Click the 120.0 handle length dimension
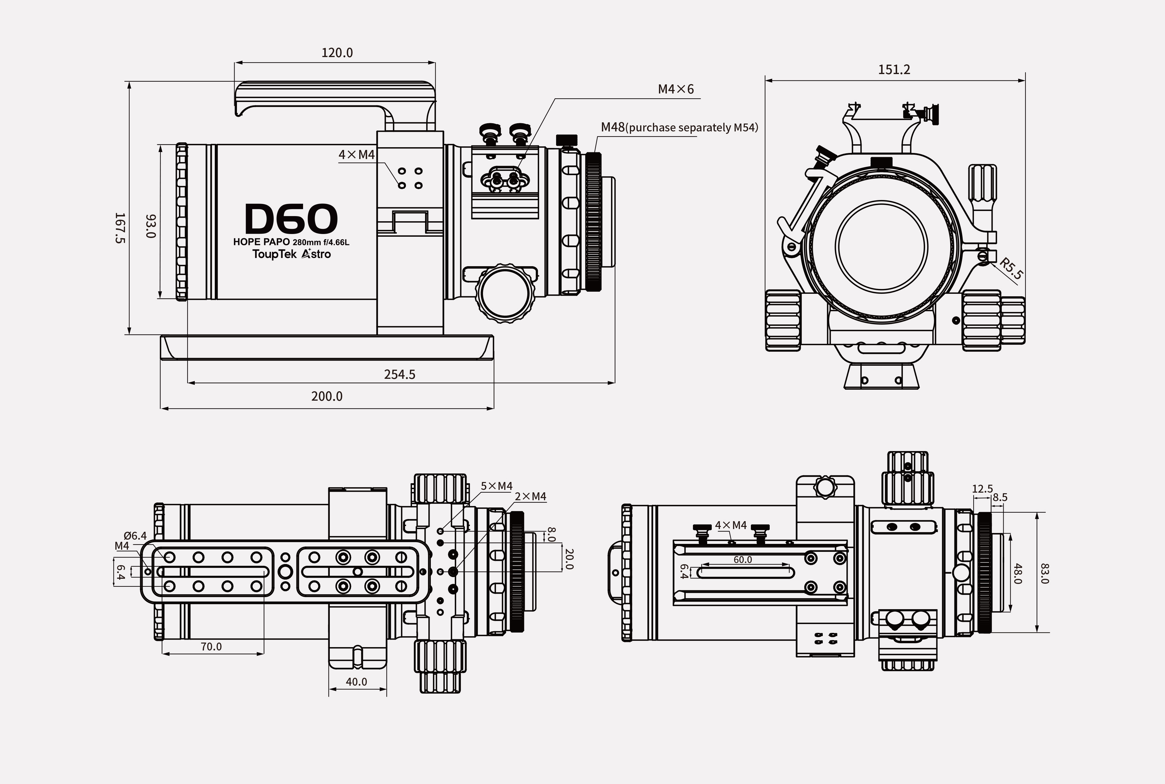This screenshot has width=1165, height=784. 337,53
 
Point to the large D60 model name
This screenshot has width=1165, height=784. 291,219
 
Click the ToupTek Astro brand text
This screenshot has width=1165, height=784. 291,254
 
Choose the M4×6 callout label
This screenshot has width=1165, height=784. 676,89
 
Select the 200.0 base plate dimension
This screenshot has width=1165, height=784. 327,396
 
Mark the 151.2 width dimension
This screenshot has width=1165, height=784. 894,70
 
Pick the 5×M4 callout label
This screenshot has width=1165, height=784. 496,486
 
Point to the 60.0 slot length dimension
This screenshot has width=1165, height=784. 743,559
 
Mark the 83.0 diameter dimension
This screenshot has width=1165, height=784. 1044,573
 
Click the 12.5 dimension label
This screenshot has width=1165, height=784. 982,488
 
